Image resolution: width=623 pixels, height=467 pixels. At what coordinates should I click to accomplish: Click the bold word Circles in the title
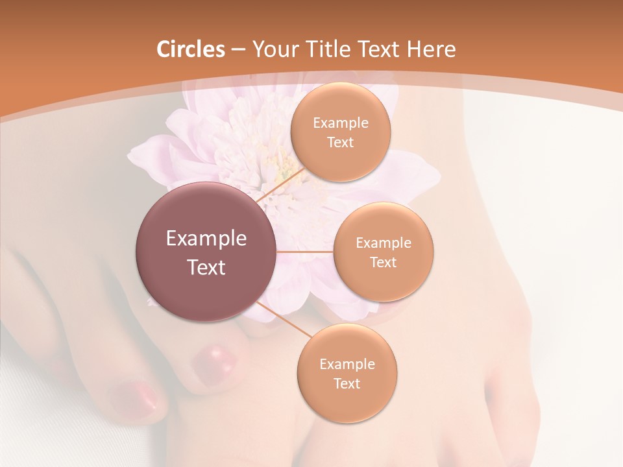click(x=191, y=49)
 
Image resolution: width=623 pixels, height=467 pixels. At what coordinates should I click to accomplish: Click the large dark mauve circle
click(x=206, y=252)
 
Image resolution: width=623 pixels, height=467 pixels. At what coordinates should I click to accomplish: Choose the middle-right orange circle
click(x=383, y=252)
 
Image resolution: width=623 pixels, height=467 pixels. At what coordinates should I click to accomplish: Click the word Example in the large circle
click(x=206, y=239)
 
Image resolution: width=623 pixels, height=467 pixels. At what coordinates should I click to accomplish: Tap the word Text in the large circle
click(x=206, y=267)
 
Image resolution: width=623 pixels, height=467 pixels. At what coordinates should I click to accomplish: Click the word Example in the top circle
click(x=341, y=123)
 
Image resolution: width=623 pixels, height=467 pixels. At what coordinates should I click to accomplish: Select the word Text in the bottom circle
click(x=347, y=383)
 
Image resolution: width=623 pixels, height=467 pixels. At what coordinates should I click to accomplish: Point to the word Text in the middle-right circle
click(x=383, y=262)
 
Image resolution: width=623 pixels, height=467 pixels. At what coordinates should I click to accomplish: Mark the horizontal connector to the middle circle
click(x=304, y=252)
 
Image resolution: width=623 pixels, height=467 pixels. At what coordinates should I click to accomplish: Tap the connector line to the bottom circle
click(x=284, y=318)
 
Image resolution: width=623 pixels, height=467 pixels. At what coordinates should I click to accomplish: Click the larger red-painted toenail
click(x=214, y=359)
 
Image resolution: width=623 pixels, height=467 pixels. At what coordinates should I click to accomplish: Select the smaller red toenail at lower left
click(x=134, y=398)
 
